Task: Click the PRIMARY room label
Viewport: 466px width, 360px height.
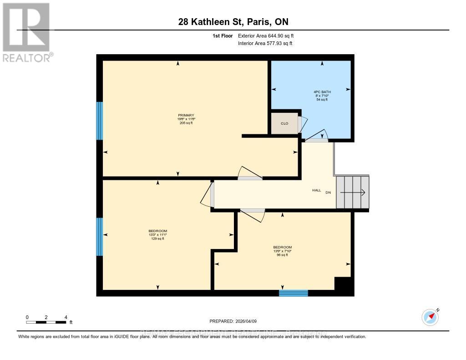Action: (x=186, y=119)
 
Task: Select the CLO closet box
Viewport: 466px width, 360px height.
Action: (x=284, y=123)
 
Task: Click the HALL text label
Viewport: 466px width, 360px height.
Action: (x=316, y=190)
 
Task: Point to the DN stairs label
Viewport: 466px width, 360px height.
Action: (x=328, y=193)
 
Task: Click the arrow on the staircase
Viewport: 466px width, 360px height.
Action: (x=353, y=193)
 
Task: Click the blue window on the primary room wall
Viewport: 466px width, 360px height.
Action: (x=99, y=121)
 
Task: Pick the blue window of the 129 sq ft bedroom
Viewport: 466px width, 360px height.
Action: (x=99, y=236)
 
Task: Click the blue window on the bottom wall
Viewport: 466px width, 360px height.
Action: (x=293, y=293)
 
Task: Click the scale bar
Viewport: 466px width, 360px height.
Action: (x=46, y=322)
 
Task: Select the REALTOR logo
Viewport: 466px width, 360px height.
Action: (x=26, y=32)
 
